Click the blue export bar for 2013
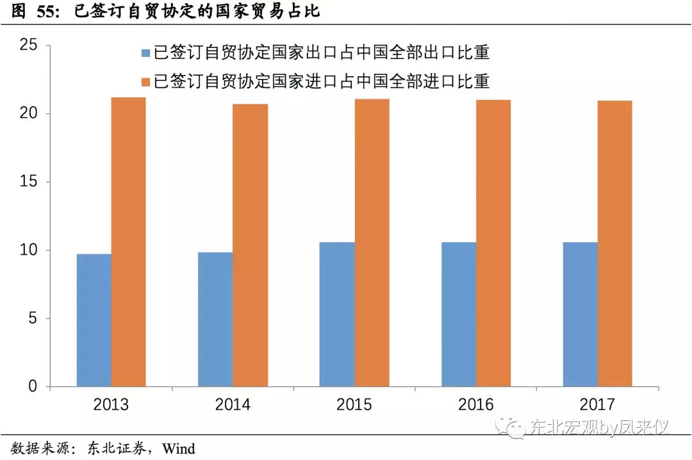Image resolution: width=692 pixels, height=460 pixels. coord(94,320)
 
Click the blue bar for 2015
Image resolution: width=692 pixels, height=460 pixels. coord(337,315)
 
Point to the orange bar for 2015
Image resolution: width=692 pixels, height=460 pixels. coord(372,243)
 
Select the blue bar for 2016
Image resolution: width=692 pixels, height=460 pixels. coord(459,315)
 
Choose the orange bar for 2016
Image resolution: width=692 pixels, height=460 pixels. coord(493,243)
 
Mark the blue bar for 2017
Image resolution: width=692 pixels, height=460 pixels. coord(581,315)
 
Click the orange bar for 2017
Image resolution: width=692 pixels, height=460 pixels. coord(615,243)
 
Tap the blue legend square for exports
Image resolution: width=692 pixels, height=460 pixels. coord(145,53)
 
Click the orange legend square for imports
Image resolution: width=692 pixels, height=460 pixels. coord(145,82)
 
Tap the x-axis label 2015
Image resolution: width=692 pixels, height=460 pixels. coord(354,405)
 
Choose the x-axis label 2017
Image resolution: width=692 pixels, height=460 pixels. coord(597,405)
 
